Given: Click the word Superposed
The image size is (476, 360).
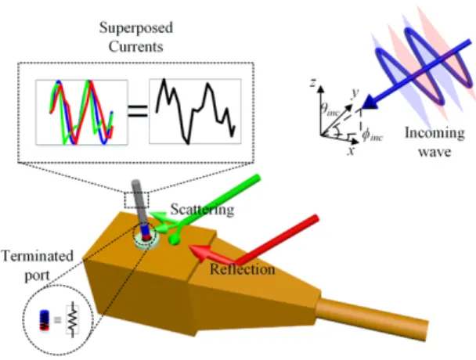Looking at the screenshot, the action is pos(136,28).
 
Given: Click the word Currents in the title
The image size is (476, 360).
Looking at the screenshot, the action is pos(135,46).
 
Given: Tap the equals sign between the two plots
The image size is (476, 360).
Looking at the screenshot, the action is pos(138,111).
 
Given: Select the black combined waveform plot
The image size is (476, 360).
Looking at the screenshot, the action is pos(195,111).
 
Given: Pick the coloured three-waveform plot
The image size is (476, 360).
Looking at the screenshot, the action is pos(81,112).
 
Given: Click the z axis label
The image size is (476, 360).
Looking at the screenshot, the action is pos(313,82).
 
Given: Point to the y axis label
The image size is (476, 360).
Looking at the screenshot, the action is pos(355,92).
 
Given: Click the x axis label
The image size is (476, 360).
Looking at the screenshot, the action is pos(352,150).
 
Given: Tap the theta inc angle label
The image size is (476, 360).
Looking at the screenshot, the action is pos(330,109).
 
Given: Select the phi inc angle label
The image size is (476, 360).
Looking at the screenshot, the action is pos(372,135).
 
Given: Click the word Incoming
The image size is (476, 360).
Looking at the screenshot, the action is pos(435,133).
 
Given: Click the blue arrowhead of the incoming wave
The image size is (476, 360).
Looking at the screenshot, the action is pos(368,103).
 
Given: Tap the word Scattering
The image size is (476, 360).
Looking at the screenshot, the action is pos(202,210).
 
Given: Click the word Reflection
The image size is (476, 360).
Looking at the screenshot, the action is pos(242,269).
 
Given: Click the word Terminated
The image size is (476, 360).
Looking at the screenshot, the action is pos(38,256).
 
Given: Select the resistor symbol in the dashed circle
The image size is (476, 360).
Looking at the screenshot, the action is pos(72,319).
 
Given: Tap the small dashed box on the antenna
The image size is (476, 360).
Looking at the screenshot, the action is pos(136,200).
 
